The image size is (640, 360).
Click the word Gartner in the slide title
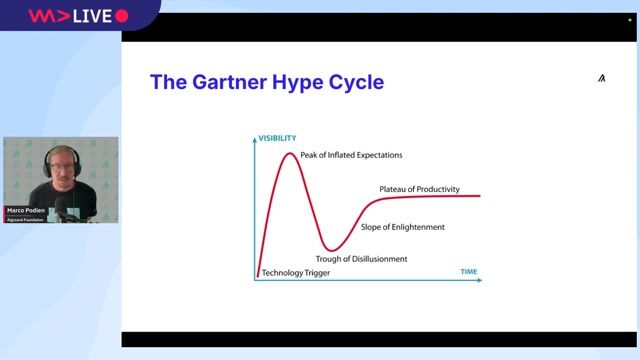(x=228, y=82)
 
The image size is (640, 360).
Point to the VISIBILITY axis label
(x=278, y=137)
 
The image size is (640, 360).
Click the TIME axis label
(x=469, y=272)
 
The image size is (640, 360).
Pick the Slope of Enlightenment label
(x=403, y=227)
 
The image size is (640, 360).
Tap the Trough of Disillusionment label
(x=362, y=259)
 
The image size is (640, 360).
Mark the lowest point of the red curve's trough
(x=331, y=249)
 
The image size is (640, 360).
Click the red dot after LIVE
(x=122, y=16)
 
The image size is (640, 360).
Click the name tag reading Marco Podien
(x=27, y=211)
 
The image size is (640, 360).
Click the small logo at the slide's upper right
(x=601, y=78)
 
